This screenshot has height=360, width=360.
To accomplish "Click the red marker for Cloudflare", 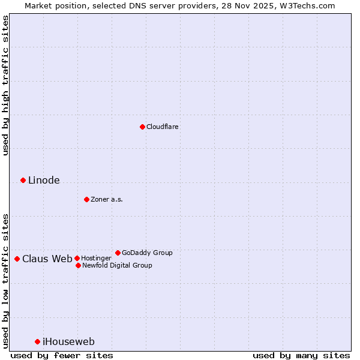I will click(x=142, y=127).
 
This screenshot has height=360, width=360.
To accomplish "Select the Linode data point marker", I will click(x=23, y=180).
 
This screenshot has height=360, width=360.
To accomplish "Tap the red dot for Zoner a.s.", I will click(x=86, y=199).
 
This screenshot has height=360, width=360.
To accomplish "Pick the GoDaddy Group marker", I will click(x=118, y=253).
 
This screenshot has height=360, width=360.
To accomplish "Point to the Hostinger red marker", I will click(x=77, y=258).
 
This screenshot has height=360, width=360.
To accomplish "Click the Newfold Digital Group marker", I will click(x=78, y=265).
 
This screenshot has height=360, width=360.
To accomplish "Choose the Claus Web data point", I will click(x=17, y=259).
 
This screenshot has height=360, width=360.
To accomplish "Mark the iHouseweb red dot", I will click(x=37, y=341).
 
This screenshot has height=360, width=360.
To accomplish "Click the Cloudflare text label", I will click(x=163, y=127).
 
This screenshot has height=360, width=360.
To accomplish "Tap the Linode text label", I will click(x=44, y=181).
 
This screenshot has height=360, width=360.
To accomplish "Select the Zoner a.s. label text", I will click(x=107, y=199).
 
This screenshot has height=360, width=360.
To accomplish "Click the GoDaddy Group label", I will click(x=147, y=253).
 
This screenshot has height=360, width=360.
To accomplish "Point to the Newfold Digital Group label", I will click(x=117, y=265).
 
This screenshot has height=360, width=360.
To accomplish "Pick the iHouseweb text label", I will click(x=68, y=342).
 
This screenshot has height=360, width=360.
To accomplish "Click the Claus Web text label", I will click(x=47, y=259).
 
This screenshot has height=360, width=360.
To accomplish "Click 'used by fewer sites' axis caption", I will click(x=62, y=355).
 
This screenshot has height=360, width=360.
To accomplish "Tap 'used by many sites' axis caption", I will click(x=301, y=355).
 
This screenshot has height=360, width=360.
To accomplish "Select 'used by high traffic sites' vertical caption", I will click(x=5, y=86).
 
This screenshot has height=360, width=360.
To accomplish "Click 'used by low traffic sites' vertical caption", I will click(x=5, y=280).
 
